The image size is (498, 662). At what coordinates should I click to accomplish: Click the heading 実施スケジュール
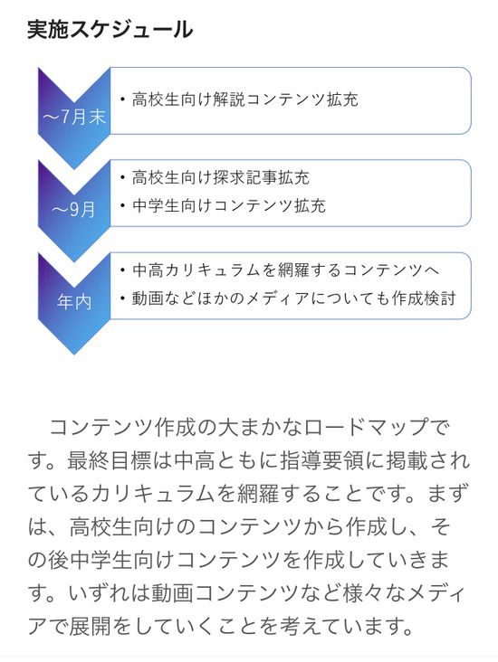110,30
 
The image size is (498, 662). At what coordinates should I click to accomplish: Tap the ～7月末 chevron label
74,117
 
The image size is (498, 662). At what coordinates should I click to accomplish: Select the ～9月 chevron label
73,210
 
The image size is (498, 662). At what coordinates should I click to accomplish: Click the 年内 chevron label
74,302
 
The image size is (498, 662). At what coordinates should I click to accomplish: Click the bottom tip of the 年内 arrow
74,355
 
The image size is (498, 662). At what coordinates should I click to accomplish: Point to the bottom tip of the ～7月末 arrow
74,169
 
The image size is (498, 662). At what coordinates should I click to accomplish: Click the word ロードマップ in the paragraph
366,428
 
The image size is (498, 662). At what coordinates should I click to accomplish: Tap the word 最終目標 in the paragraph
109,460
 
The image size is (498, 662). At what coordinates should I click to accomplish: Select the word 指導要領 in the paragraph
322,460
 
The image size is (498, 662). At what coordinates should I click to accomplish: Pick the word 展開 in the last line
90,626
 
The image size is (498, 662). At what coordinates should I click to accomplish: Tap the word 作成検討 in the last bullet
424,298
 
